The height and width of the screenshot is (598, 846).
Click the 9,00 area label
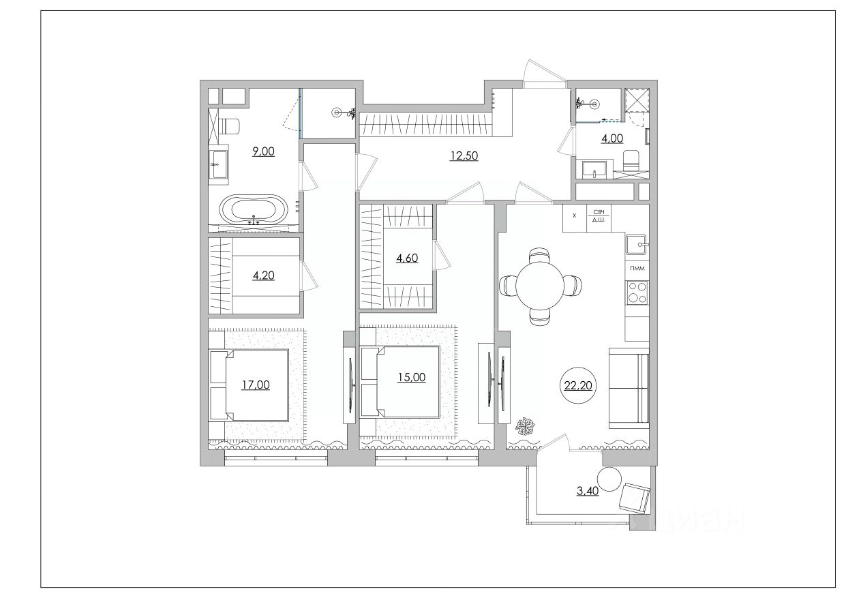(x=263, y=151)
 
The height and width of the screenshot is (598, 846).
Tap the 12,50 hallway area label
(x=464, y=155)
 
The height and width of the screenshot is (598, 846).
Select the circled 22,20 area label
(x=578, y=385)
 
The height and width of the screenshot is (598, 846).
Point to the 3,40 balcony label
(x=588, y=491)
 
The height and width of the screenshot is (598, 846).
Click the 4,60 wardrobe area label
(x=407, y=258)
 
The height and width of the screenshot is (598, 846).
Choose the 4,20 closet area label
(x=263, y=275)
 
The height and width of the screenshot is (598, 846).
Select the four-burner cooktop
(x=637, y=293)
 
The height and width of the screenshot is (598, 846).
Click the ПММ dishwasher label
(x=637, y=269)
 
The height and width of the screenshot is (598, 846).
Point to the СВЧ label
(x=599, y=213)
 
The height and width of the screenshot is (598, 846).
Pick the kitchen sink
(x=637, y=245)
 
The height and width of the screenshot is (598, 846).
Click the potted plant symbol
(x=525, y=426)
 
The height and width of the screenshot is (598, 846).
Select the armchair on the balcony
(x=635, y=498)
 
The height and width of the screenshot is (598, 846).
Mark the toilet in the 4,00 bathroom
(x=631, y=161)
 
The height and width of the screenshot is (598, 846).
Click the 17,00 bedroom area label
(x=256, y=385)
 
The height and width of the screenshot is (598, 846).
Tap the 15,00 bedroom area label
(x=411, y=377)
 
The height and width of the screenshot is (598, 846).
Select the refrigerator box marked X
(x=575, y=218)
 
